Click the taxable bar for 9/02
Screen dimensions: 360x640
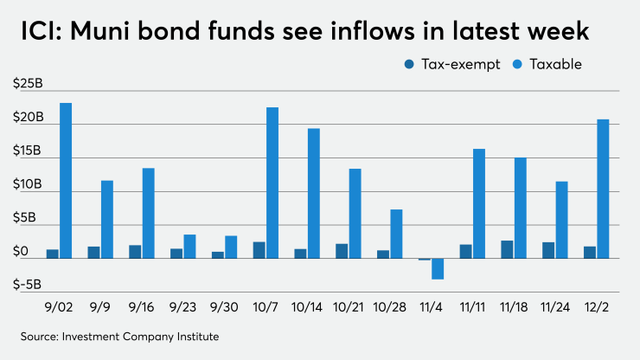coord(66,181)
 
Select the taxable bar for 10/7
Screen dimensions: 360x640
coord(272,183)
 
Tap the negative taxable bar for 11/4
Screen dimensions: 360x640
coord(438,268)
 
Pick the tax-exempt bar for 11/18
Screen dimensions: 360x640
coord(507,249)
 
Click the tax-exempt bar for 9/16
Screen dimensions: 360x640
coord(135,251)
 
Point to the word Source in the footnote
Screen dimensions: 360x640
coord(41,335)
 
